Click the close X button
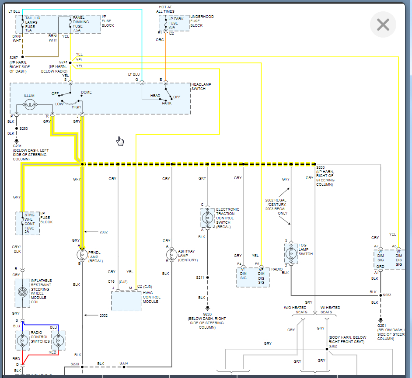coord(383,24)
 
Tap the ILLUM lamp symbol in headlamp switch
coord(30,104)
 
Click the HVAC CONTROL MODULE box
coord(126,301)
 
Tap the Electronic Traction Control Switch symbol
coord(208,217)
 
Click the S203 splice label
coord(320,168)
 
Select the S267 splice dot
coord(23,57)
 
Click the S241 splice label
coord(64,62)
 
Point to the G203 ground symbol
coord(208,308)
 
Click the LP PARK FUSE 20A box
coord(174,23)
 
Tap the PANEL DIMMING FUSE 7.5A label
coord(81,24)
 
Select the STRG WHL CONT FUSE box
coord(28,223)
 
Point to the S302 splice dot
coord(327,349)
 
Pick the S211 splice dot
coord(208,277)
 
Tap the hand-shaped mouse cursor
coord(120,141)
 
